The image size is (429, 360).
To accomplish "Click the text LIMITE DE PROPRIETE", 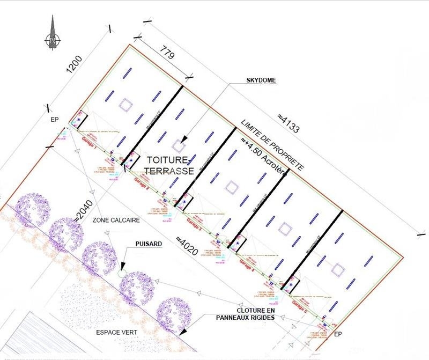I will click(x=272, y=145).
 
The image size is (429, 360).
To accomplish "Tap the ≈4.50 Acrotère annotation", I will click(x=263, y=158).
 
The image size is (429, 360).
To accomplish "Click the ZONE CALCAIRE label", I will click(x=116, y=221).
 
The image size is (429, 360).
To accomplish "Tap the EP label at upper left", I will click(x=54, y=120).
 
